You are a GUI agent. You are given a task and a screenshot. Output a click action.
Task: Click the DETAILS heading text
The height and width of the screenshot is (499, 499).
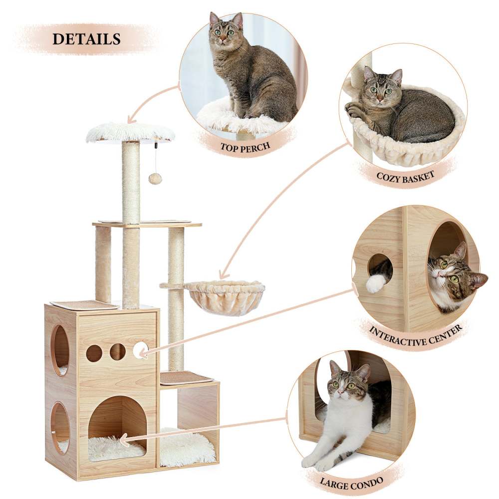(x=86, y=39)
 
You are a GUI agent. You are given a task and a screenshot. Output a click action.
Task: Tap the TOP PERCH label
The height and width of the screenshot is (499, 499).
(x=246, y=147)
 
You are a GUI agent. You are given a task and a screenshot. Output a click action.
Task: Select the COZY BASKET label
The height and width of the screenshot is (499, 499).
(x=405, y=176)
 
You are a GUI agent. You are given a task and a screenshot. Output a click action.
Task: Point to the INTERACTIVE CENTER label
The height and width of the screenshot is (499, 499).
(x=415, y=336)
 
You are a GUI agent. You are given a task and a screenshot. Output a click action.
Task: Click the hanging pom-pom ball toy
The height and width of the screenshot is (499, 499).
(x=156, y=179)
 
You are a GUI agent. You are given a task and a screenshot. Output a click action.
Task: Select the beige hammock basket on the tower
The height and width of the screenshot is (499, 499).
(x=225, y=296)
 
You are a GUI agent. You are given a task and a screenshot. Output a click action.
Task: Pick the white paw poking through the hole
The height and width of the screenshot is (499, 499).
(x=376, y=283)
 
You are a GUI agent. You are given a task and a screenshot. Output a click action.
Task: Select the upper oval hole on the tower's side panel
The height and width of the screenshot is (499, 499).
(x=61, y=349)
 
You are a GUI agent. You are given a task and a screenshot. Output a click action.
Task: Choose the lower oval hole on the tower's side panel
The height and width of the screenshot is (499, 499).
(x=61, y=427)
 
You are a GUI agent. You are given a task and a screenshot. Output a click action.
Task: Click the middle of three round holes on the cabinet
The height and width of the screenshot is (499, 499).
(x=118, y=352)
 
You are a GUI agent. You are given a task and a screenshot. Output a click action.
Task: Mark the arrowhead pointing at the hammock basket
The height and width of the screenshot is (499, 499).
(x=223, y=275)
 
